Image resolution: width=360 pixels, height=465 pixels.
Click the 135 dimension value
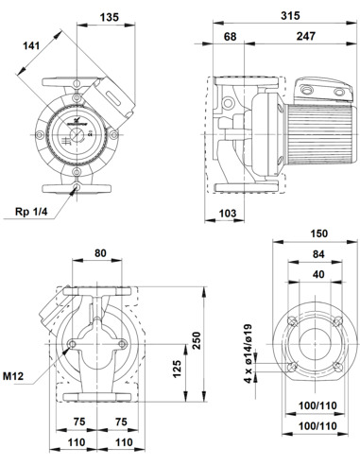click(x=110, y=17)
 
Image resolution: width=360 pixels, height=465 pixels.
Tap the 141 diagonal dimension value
click(x=31, y=45)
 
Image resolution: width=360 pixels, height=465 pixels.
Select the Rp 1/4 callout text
click(x=31, y=212)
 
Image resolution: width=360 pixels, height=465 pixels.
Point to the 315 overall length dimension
click(x=290, y=16)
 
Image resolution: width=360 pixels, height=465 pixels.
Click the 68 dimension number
click(x=230, y=37)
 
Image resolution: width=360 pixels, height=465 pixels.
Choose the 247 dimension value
click(x=305, y=36)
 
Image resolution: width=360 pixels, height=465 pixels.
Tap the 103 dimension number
click(x=227, y=214)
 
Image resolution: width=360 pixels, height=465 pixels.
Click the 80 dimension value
click(x=100, y=253)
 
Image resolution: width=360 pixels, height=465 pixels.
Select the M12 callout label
click(x=13, y=376)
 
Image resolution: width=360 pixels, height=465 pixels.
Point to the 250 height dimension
click(x=197, y=340)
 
